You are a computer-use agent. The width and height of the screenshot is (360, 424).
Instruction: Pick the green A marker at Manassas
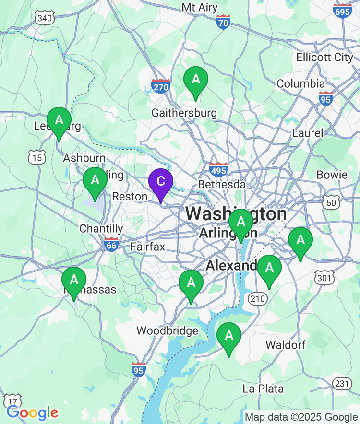[x=74, y=280]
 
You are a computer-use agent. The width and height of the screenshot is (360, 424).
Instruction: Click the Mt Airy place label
[x=200, y=8]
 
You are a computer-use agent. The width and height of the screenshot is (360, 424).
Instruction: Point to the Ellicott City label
[x=324, y=57]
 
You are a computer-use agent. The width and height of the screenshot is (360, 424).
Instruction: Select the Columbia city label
[x=301, y=83]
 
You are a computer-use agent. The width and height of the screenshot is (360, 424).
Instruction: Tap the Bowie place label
[x=332, y=175]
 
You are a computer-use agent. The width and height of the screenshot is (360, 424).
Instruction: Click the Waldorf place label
[x=285, y=345]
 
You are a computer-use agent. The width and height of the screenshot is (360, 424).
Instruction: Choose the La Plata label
[x=263, y=389]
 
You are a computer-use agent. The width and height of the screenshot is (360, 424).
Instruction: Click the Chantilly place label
[x=101, y=228]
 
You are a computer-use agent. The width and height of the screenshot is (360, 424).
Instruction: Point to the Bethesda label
[x=222, y=185]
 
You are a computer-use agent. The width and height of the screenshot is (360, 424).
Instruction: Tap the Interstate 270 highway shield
[x=161, y=86]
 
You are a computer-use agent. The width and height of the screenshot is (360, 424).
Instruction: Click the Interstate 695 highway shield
[x=343, y=11]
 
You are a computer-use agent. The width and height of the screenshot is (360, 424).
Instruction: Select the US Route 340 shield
[x=44, y=18]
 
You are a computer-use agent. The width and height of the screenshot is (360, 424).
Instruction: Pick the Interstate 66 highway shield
[x=111, y=244]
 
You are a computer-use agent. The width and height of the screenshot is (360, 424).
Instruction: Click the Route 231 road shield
[x=342, y=383]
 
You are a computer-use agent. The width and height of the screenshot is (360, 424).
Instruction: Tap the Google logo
[x=32, y=412]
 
